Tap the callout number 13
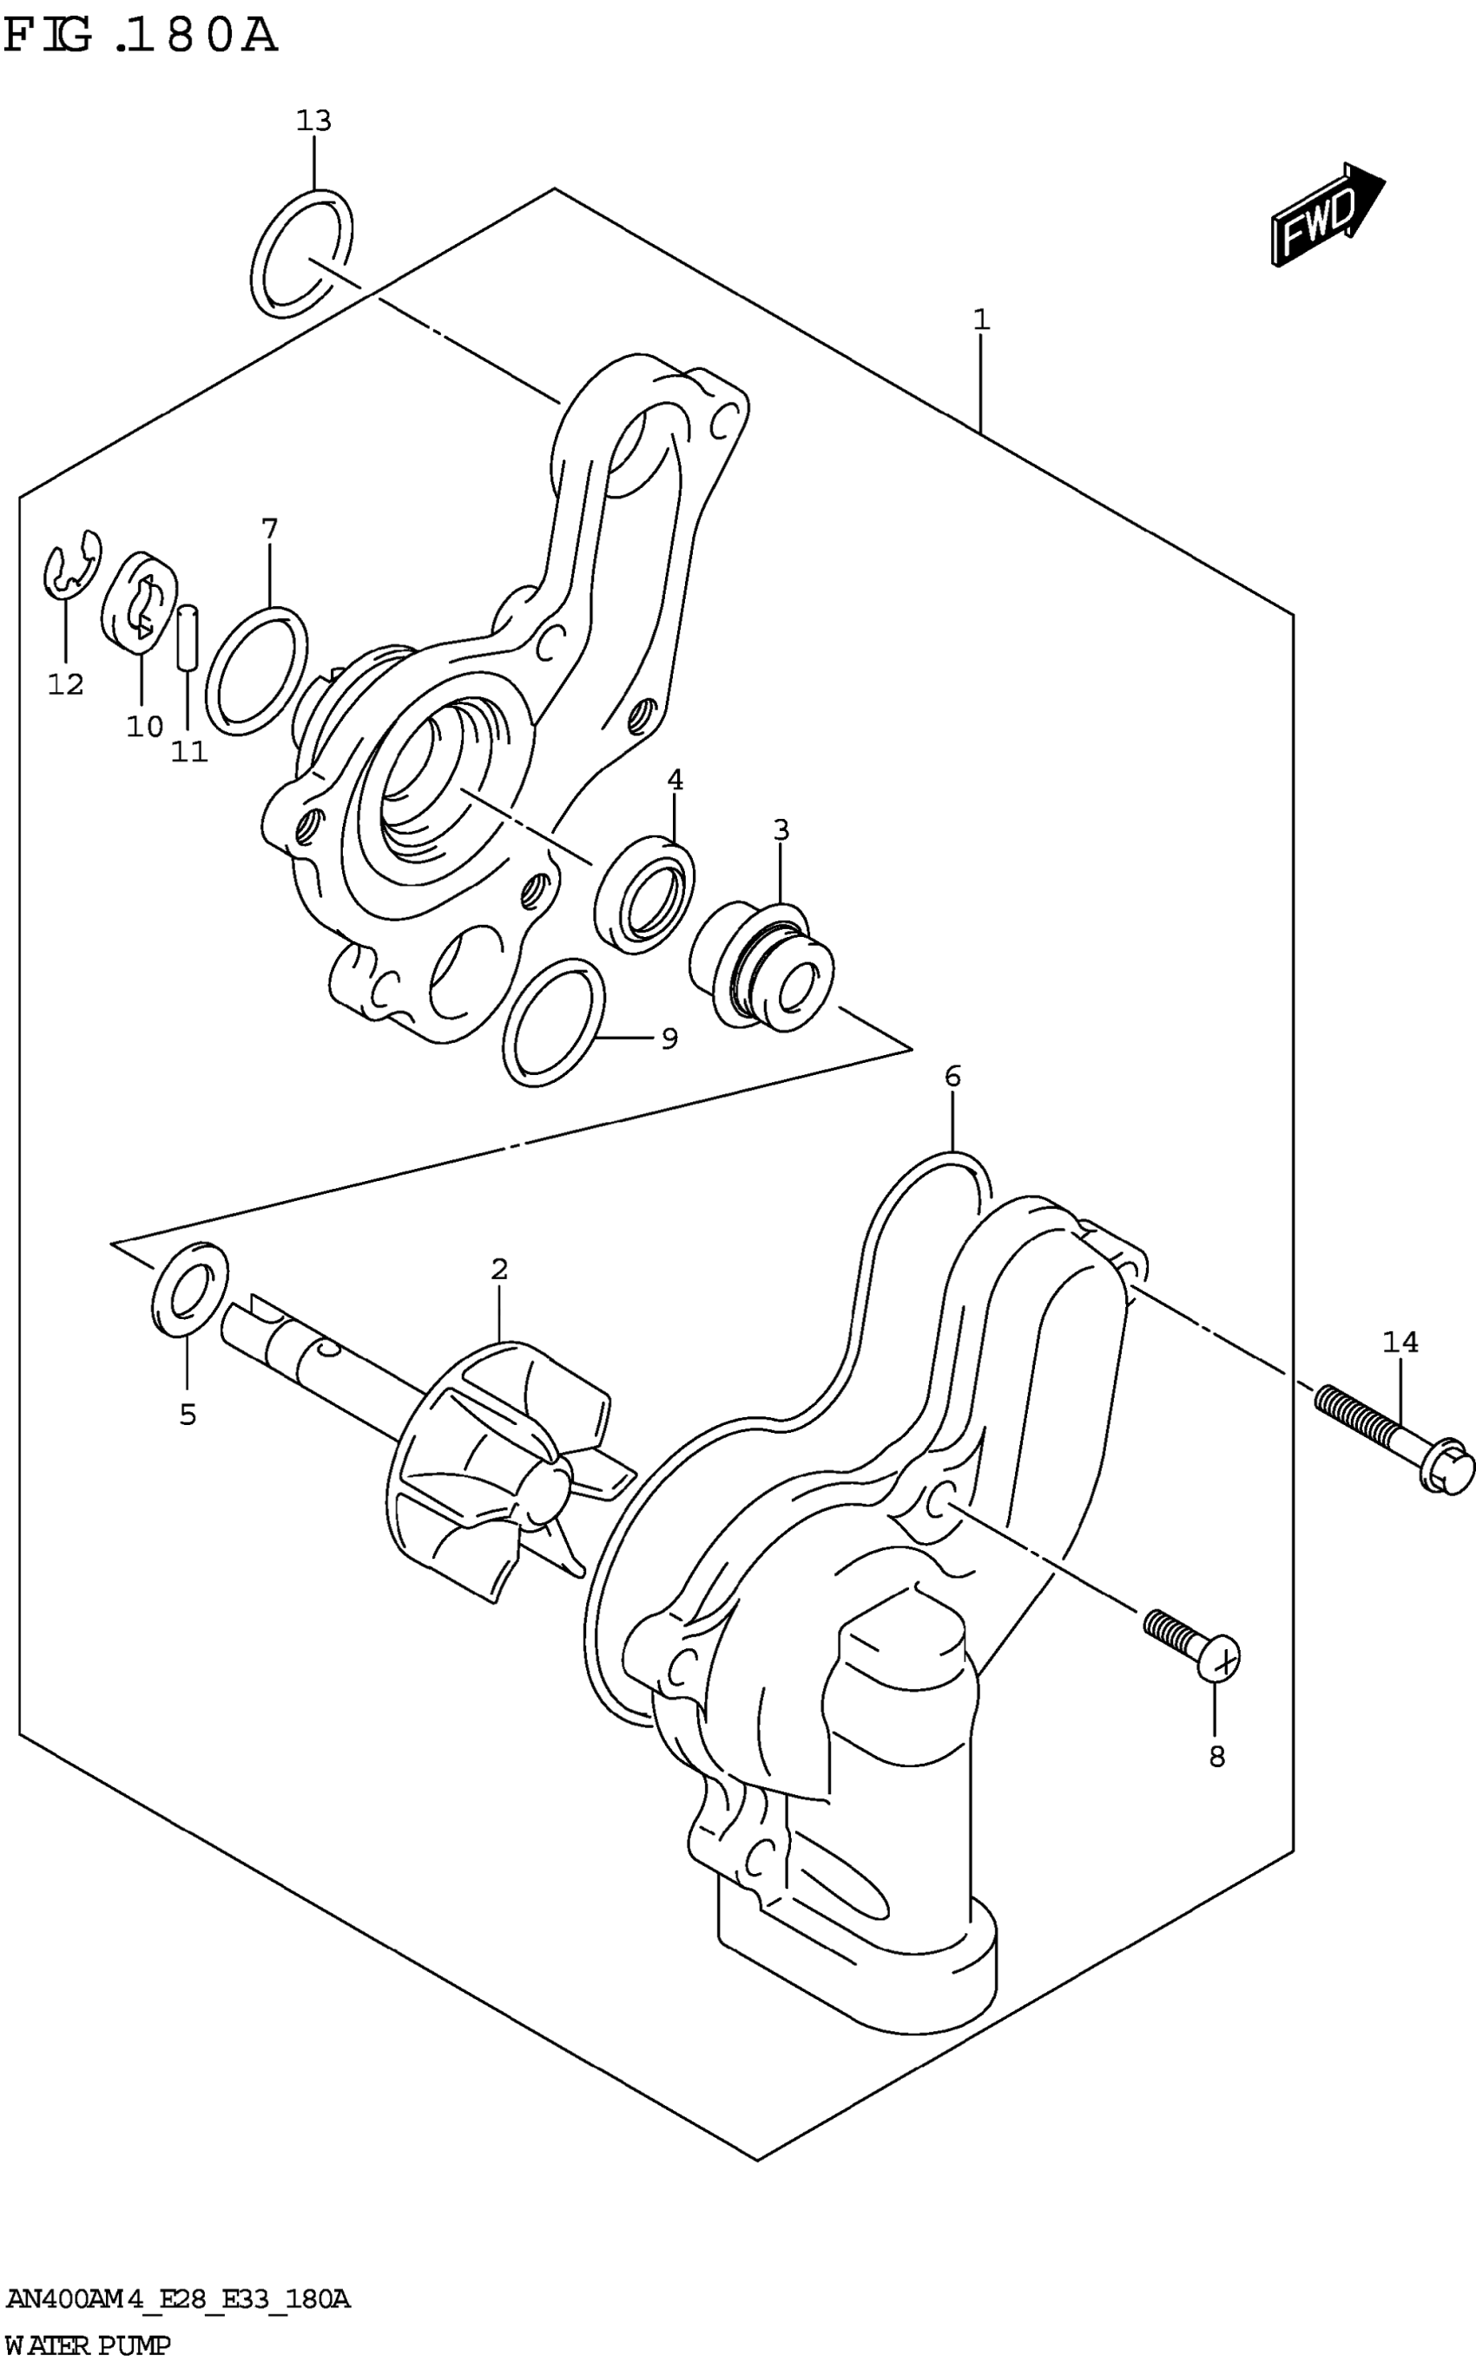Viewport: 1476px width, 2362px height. click(314, 121)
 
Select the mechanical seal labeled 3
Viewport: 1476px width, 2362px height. click(761, 967)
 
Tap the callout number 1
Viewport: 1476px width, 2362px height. click(981, 320)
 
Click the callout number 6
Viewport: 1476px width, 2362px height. click(952, 1077)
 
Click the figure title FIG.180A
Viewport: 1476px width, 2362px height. click(141, 37)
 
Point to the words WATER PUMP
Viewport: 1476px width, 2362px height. click(88, 2344)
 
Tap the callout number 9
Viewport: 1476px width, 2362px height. click(669, 1039)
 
